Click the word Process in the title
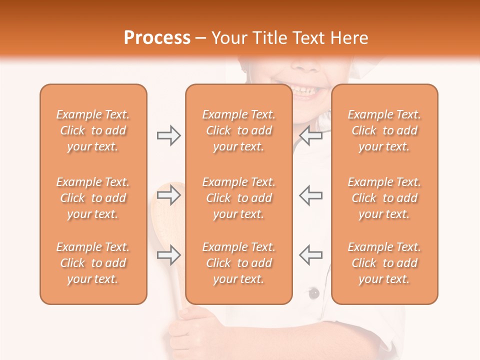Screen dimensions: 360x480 [x=157, y=38]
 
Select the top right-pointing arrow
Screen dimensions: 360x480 [x=168, y=135]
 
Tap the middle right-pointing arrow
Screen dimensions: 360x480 [x=168, y=195]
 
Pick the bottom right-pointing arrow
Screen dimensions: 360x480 [x=168, y=255]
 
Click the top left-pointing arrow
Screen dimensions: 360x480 [x=310, y=135]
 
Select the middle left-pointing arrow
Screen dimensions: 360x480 [x=310, y=195]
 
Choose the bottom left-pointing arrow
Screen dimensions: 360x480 [x=310, y=255]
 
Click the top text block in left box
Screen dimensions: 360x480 [x=93, y=130]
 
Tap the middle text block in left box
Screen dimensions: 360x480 [x=93, y=198]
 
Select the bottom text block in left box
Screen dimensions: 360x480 [x=93, y=263]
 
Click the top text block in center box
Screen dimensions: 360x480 [x=238, y=130]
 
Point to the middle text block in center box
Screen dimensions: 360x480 [x=238, y=198]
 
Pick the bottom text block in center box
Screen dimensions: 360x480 [x=238, y=263]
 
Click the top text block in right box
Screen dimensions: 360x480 [x=384, y=130]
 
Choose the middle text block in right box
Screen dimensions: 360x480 [x=384, y=198]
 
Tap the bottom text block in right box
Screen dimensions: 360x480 [x=384, y=263]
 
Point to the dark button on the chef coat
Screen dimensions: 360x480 [x=313, y=293]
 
